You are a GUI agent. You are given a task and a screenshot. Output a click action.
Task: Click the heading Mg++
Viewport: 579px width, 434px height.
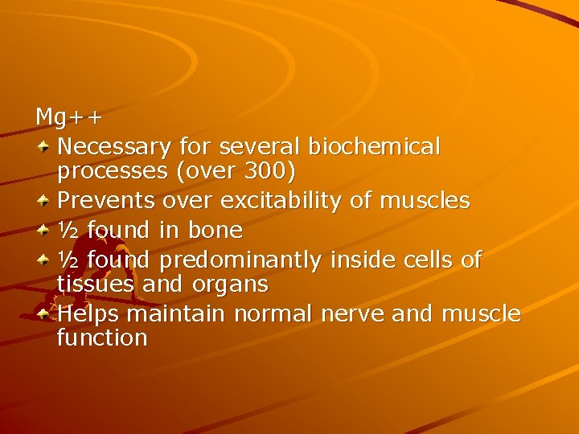click(69, 117)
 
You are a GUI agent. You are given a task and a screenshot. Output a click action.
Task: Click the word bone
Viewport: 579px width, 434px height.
click(215, 230)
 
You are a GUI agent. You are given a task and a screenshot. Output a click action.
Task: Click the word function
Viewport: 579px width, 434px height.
click(102, 338)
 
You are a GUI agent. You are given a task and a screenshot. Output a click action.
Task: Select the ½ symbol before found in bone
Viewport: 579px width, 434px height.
click(68, 230)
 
